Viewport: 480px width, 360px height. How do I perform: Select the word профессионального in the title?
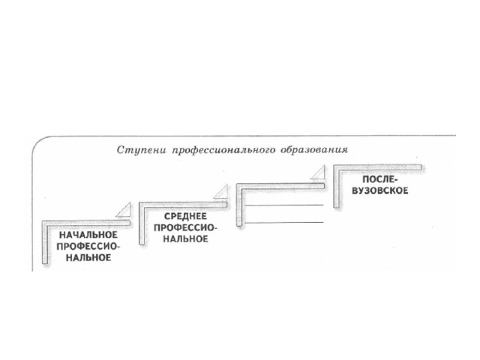point(223,151)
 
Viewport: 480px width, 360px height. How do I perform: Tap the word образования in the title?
point(314,150)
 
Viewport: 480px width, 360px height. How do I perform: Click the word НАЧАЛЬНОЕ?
point(88,235)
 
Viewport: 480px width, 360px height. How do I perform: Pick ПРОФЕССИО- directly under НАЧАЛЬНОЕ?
point(88,247)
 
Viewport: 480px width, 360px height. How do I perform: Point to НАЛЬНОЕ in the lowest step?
point(88,257)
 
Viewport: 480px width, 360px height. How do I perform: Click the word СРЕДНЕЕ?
point(185,217)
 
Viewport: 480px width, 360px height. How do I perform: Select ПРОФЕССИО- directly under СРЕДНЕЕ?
point(185,228)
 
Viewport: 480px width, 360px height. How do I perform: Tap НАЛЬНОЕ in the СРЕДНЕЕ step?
point(185,238)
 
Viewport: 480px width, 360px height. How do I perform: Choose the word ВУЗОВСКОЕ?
point(380,190)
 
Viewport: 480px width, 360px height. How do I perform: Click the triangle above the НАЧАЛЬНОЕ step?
point(124,210)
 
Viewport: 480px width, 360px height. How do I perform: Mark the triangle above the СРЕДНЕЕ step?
point(222,192)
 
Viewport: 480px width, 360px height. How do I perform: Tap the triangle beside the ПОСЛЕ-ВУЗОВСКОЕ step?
point(319,172)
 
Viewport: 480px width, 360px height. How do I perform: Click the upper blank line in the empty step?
point(284,205)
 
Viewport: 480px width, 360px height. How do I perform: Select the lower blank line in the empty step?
point(284,223)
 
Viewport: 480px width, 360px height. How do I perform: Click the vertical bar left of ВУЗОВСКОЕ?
point(337,187)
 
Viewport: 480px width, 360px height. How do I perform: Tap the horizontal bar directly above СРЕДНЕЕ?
point(183,205)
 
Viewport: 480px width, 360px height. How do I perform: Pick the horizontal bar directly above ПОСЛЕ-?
point(378,168)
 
